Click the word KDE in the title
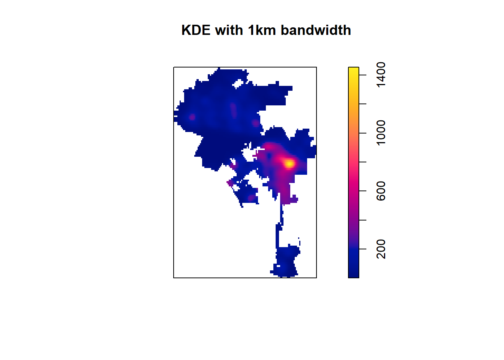(x=196, y=30)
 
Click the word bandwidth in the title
(x=316, y=30)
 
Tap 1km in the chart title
(x=262, y=30)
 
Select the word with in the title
(x=229, y=30)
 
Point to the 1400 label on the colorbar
(x=381, y=75)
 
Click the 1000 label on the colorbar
(x=381, y=133)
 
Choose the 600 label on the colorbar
(x=381, y=191)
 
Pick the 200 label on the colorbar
(x=381, y=249)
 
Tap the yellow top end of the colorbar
(x=354, y=70)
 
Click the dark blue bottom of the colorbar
(x=354, y=275)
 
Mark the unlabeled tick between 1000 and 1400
(x=363, y=104)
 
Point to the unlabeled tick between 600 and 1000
(x=363, y=162)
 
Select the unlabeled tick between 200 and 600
(x=363, y=220)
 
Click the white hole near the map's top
(x=238, y=84)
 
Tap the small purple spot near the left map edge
(x=192, y=117)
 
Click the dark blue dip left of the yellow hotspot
(x=268, y=156)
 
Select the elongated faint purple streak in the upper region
(x=233, y=110)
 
